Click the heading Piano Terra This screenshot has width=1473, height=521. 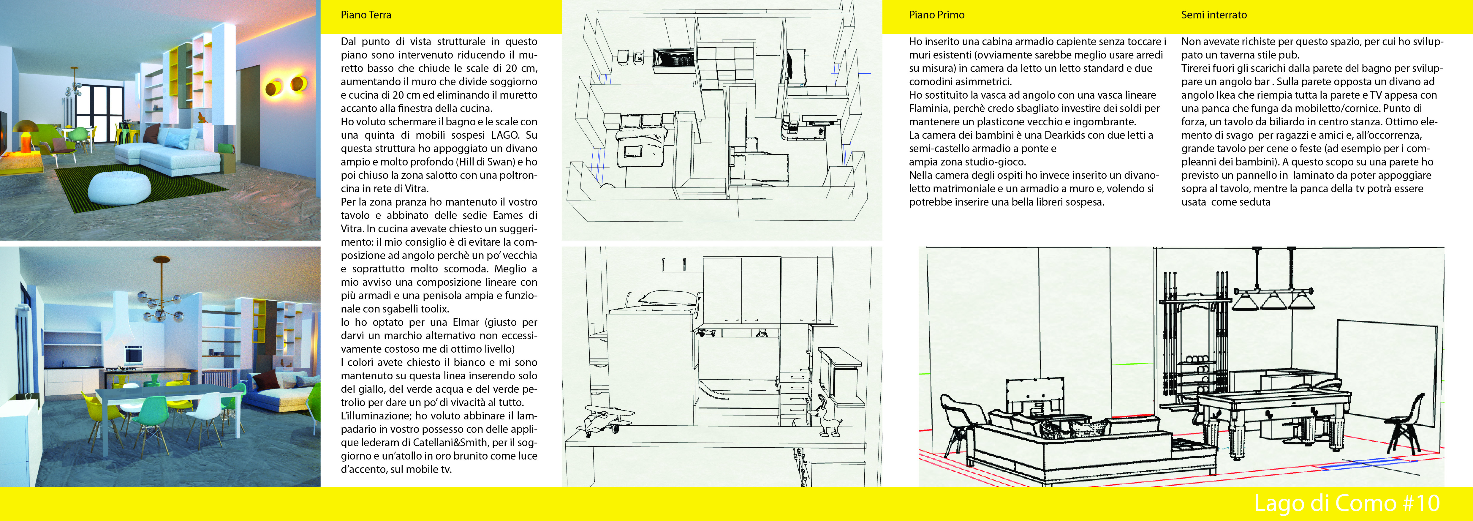point(366,15)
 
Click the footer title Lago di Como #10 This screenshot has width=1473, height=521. point(1347,503)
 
